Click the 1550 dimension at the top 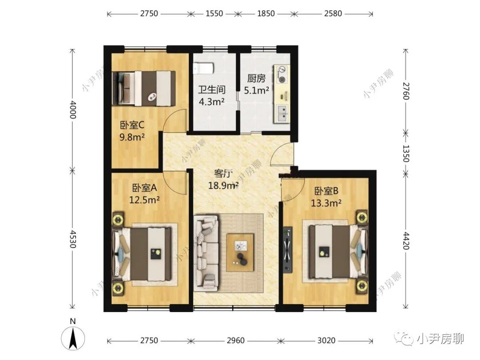click(x=214, y=14)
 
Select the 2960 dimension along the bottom click(x=236, y=340)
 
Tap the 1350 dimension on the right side click(x=405, y=151)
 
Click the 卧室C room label click(x=132, y=125)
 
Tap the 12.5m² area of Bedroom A click(x=144, y=200)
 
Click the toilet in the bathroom click(x=204, y=68)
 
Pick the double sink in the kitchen click(x=282, y=115)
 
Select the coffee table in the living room click(x=240, y=252)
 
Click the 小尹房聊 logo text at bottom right click(x=440, y=339)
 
